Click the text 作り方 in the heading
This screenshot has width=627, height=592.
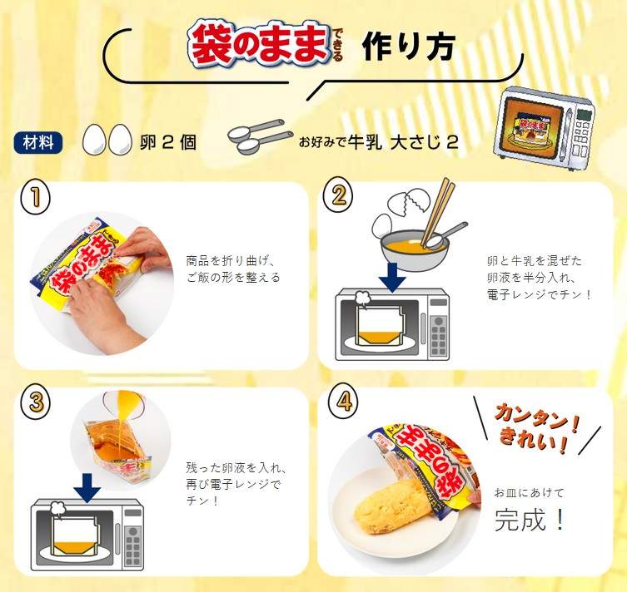[407, 48]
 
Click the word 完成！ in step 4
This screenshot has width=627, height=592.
[530, 520]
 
